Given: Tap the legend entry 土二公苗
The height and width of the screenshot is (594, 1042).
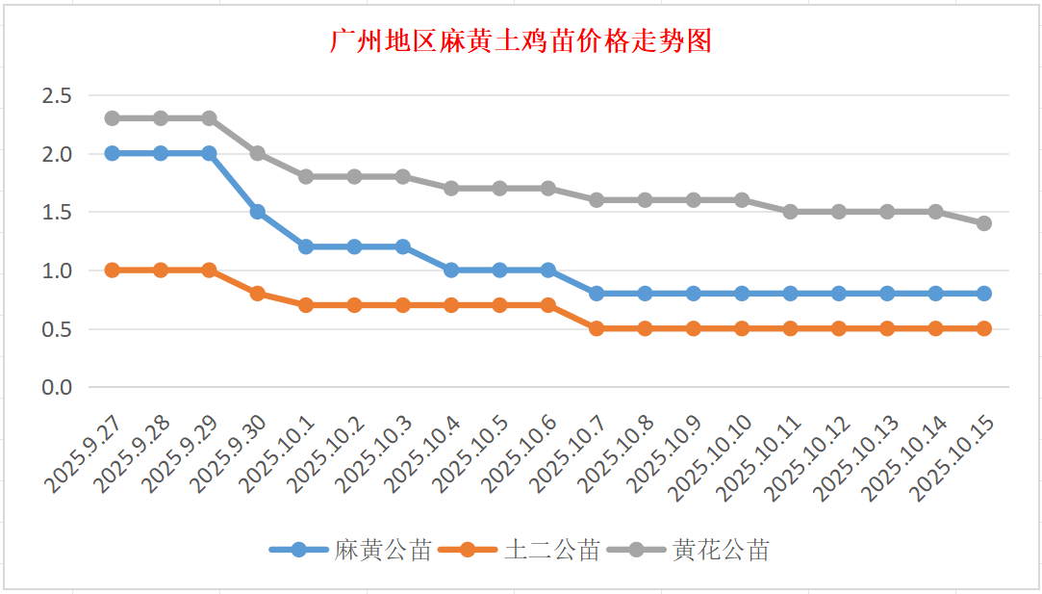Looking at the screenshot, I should pyautogui.click(x=551, y=550).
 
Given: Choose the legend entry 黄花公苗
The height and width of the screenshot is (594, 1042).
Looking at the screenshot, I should pyautogui.click(x=721, y=550).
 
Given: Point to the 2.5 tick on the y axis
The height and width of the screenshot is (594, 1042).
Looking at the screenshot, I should pyautogui.click(x=57, y=95).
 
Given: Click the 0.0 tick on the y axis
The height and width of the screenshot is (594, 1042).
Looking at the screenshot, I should pyautogui.click(x=57, y=387).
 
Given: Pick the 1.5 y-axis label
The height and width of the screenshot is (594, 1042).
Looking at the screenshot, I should pyautogui.click(x=57, y=212).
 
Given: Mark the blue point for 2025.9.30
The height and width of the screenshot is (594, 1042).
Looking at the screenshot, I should pyautogui.click(x=258, y=212).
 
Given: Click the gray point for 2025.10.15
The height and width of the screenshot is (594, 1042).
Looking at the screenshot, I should pyautogui.click(x=984, y=223).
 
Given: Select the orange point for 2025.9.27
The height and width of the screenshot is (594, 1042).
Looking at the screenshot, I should pyautogui.click(x=113, y=271).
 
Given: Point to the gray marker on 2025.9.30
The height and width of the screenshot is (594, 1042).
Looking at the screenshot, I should pyautogui.click(x=258, y=153).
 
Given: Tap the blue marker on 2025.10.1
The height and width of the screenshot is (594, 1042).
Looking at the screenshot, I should pyautogui.click(x=306, y=246).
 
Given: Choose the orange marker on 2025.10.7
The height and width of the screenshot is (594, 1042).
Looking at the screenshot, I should pyautogui.click(x=597, y=328).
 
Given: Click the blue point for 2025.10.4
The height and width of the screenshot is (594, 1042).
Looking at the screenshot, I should pyautogui.click(x=451, y=271).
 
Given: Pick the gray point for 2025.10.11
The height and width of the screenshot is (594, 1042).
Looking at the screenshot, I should pyautogui.click(x=791, y=212).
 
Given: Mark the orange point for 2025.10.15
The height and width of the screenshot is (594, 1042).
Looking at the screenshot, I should pyautogui.click(x=984, y=328).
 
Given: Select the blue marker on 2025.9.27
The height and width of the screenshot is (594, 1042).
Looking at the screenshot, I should pyautogui.click(x=113, y=153).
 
